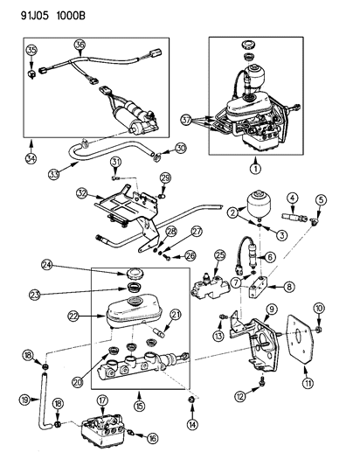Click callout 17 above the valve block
tap(101, 401)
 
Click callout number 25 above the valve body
tap(220, 254)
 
